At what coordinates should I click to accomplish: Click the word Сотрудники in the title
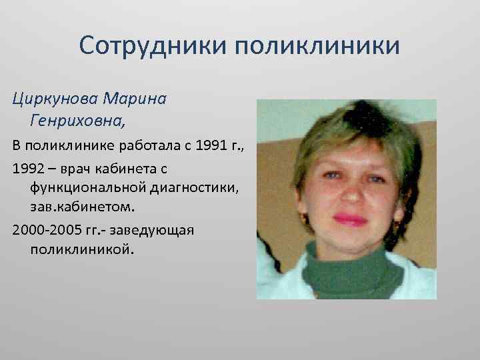[152, 46]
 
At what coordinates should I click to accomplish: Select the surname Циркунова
[55, 99]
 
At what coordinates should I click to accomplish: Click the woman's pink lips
[348, 219]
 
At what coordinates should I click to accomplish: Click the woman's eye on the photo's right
[375, 178]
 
